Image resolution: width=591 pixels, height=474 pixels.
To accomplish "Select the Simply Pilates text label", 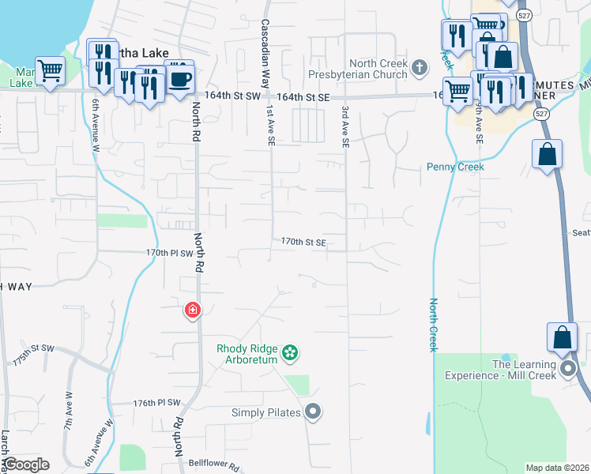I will click(x=266, y=412).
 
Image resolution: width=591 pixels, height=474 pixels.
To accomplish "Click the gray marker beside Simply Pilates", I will click(x=314, y=412).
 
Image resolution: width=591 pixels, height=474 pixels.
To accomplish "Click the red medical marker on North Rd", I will click(x=192, y=310).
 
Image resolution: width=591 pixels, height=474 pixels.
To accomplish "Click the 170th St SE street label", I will click(x=304, y=243).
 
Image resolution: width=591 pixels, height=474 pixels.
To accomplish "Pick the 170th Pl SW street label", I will click(x=169, y=254).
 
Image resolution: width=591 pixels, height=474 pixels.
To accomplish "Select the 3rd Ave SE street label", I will click(x=345, y=126).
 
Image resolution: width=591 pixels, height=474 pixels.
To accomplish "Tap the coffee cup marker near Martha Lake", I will click(x=179, y=77).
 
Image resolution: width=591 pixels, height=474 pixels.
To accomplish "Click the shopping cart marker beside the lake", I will click(x=51, y=70).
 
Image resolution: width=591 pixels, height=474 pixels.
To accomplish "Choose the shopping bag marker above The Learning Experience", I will click(x=562, y=337).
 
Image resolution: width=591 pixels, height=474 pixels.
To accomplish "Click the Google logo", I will click(x=26, y=465).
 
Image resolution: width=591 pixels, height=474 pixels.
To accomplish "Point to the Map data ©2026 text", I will click(x=556, y=468).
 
